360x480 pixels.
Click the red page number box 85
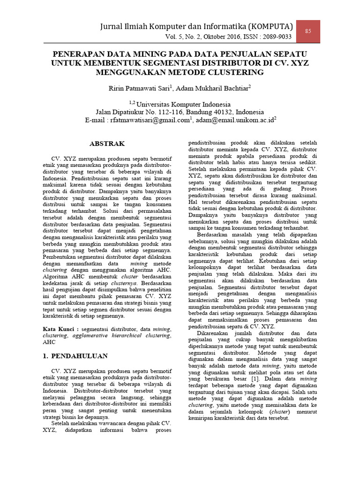pyautogui.click(x=308, y=31)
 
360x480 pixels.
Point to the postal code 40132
pyautogui.click(x=221, y=112)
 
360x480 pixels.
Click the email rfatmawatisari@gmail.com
pyautogui.click(x=149, y=120)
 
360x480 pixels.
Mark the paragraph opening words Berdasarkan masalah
pyautogui.click(x=223, y=234)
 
